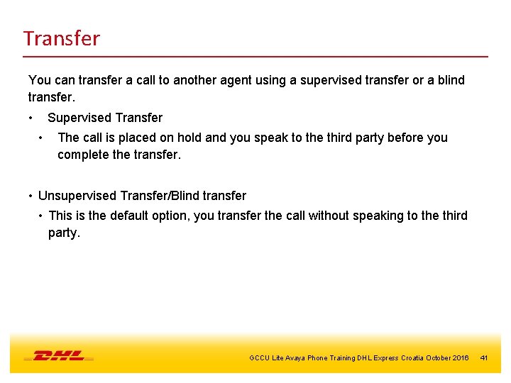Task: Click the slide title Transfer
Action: (61, 38)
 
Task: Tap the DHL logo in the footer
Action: (59, 356)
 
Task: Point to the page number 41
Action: (484, 358)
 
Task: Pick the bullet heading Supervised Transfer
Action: (105, 118)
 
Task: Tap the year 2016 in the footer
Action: (460, 358)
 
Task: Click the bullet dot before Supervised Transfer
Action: (31, 118)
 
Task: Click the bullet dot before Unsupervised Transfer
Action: (31, 196)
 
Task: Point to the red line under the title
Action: (255, 56)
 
